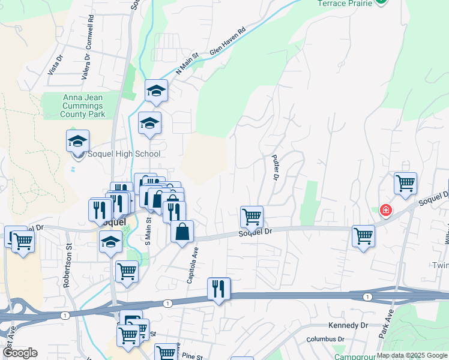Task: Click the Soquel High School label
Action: point(124,154)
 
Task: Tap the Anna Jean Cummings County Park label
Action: point(82,106)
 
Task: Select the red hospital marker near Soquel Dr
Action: point(385,210)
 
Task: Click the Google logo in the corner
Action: point(19,353)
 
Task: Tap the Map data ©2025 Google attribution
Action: point(411,355)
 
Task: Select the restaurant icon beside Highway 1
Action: point(218,289)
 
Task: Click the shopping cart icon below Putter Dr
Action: point(252,217)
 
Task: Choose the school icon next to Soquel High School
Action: point(77,142)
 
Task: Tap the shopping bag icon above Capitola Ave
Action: point(182,232)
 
